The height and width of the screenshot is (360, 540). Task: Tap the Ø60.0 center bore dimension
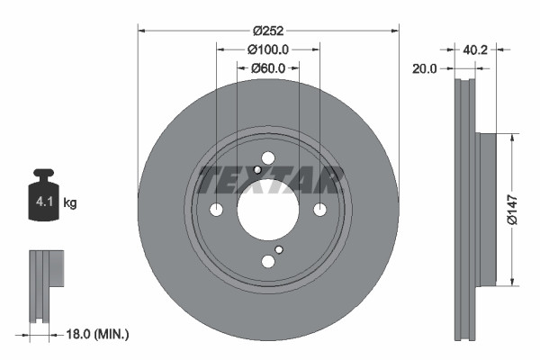pyautogui.click(x=267, y=67)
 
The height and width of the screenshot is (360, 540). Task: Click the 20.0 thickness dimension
pyautogui.click(x=425, y=67)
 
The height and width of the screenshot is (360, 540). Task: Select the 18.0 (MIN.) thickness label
pyautogui.click(x=96, y=334)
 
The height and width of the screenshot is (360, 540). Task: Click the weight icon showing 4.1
pyautogui.click(x=43, y=195)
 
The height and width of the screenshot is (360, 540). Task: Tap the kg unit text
pyautogui.click(x=69, y=204)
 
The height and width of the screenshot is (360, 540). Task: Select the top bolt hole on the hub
pyautogui.click(x=267, y=157)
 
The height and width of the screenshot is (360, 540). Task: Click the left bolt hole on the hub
pyautogui.click(x=216, y=210)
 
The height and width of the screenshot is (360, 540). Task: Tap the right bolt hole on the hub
pyautogui.click(x=319, y=210)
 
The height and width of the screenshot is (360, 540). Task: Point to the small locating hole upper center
pyautogui.click(x=257, y=170)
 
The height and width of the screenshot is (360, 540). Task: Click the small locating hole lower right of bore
pyautogui.click(x=279, y=249)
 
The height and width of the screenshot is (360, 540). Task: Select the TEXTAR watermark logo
pyautogui.click(x=267, y=180)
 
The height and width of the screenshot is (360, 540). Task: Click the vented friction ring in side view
pyautogui.click(x=465, y=208)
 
